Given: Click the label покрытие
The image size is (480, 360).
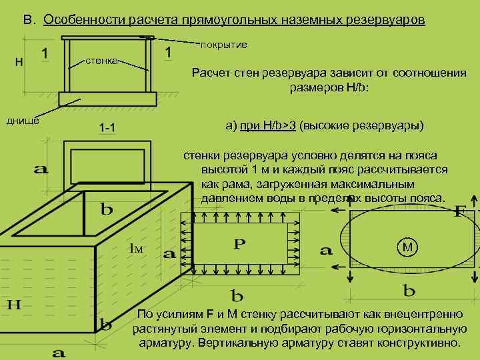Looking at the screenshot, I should (224, 45).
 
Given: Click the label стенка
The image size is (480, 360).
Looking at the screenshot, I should (101, 61).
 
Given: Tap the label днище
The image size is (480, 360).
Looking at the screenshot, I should (23, 120).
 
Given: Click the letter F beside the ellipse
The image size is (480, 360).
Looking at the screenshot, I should (459, 212).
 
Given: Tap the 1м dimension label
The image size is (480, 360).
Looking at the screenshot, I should (136, 249).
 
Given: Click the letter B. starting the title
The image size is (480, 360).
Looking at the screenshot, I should (29, 20).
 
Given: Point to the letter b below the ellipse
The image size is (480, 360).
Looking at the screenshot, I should (409, 291).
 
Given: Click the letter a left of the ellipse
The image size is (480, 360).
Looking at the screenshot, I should (326, 251).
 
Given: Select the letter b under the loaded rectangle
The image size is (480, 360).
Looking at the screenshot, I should (237, 295).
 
